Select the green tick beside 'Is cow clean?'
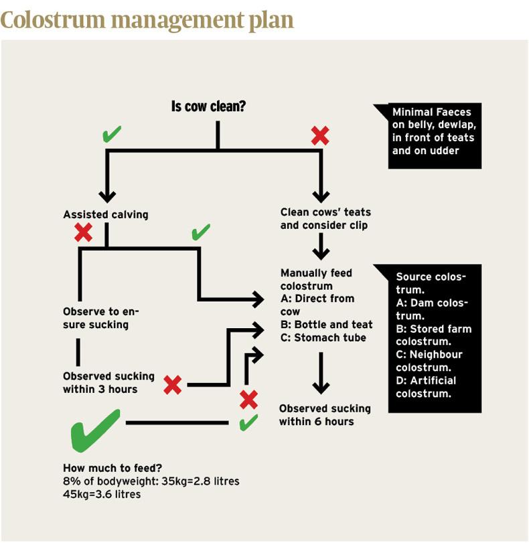112,135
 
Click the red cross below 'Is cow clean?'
320,136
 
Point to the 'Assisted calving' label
106,215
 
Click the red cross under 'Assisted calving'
84,232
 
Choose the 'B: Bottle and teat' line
326,325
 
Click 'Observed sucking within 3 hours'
108,382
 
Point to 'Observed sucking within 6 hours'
325,414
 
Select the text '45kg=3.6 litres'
102,495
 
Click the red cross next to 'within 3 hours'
173,384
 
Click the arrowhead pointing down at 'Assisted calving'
107,196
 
